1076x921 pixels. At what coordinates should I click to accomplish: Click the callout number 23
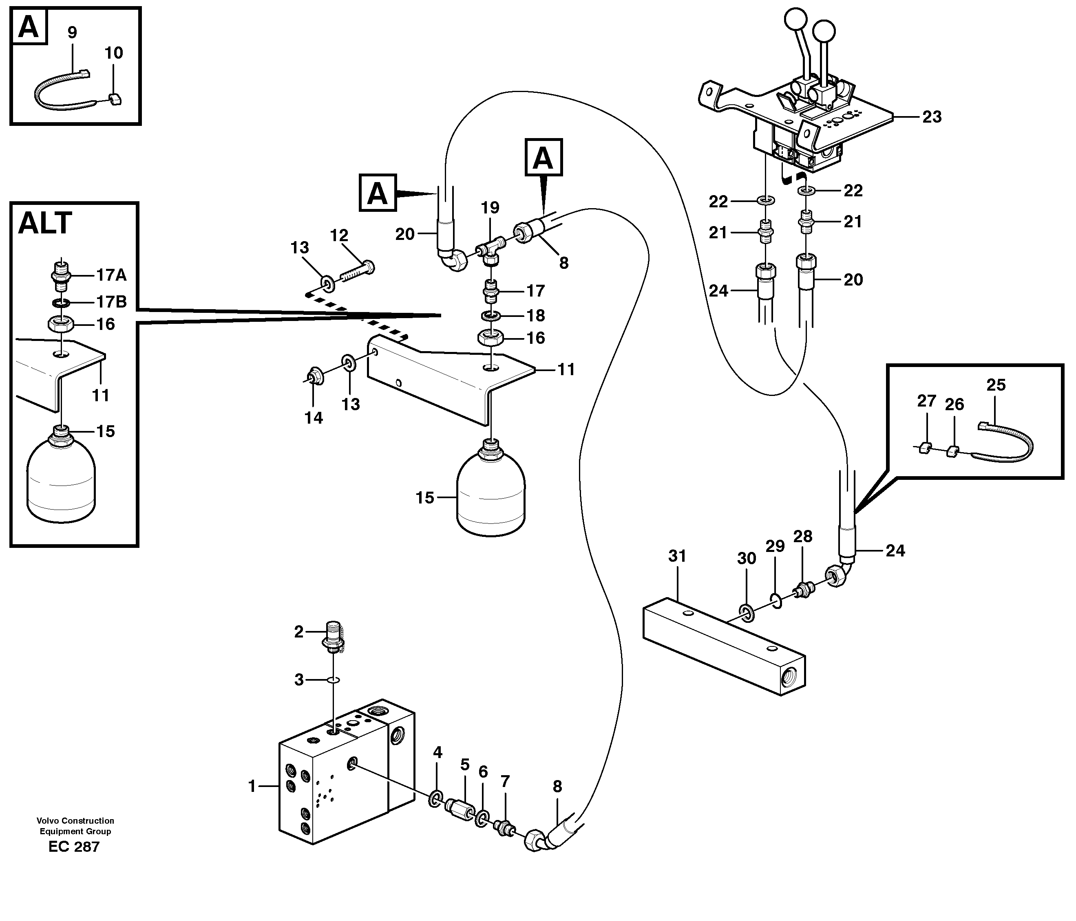(932, 117)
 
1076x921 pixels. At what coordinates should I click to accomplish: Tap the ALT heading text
(45, 224)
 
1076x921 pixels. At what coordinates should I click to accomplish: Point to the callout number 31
(677, 556)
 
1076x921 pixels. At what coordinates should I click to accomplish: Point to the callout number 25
(996, 385)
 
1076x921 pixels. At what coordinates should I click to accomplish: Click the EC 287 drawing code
(74, 847)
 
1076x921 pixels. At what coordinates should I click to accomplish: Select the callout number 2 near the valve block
(298, 632)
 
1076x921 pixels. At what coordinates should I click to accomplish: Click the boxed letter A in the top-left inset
(28, 27)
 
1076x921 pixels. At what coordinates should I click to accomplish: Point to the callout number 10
(114, 53)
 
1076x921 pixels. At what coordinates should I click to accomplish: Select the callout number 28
(803, 536)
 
